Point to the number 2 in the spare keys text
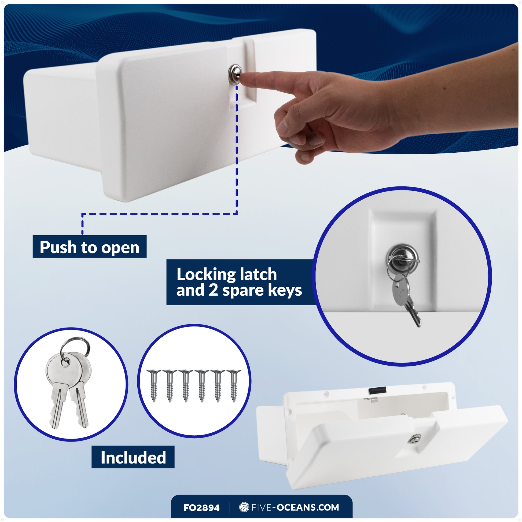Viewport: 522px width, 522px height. (213, 291)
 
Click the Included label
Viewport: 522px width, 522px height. (133, 457)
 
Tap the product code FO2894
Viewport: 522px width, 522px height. (201, 508)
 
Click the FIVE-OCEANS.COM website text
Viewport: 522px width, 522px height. (295, 508)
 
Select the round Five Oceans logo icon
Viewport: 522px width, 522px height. (244, 508)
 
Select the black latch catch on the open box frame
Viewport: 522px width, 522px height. (378, 390)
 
